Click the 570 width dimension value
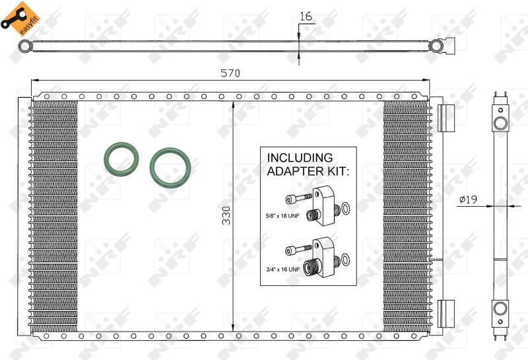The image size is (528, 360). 230,73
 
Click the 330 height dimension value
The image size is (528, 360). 226,215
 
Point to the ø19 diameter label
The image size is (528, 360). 469,199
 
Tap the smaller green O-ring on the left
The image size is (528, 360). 122,158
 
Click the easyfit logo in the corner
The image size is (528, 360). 20,18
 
